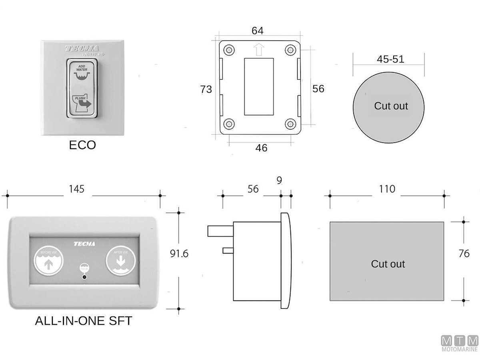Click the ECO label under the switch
[x=82, y=145]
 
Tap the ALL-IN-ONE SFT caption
[x=83, y=321]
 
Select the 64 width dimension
[x=257, y=31]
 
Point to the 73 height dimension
[x=206, y=89]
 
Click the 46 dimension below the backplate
[x=261, y=148]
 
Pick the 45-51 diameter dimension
[x=390, y=59]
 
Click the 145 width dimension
[x=76, y=189]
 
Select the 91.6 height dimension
[x=179, y=253]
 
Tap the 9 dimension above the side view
[x=279, y=180]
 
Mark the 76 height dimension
[x=464, y=254]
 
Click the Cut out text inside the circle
[x=391, y=106]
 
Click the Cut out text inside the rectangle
[x=388, y=264]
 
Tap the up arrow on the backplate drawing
[x=258, y=50]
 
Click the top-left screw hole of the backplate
[x=229, y=50]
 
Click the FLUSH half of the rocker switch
[x=82, y=103]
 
